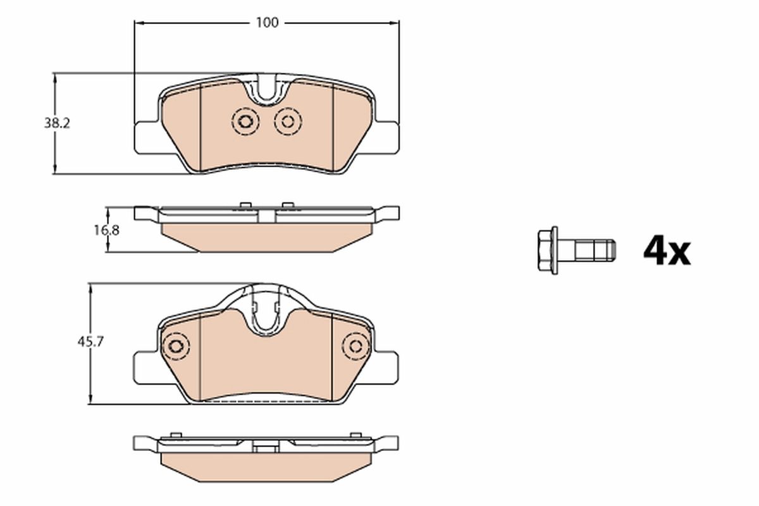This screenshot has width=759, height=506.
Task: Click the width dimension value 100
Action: (267, 23)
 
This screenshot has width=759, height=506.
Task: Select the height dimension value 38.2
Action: (56, 124)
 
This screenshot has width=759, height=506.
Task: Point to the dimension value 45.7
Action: (91, 342)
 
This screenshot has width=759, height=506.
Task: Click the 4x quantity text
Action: (667, 251)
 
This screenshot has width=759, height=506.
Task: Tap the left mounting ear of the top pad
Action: (145, 137)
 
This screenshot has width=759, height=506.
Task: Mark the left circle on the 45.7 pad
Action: (175, 347)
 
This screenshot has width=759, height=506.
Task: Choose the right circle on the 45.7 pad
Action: (357, 347)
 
